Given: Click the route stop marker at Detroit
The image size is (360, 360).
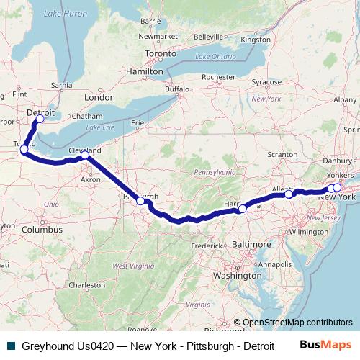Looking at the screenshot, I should pos(40,120).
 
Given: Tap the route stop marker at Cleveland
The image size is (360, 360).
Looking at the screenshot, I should pos(85,155).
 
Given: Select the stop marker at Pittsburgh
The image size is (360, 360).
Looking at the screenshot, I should pos(141,201).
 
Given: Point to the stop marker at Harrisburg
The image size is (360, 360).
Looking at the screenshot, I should pos(243,208).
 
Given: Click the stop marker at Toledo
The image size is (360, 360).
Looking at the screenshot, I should pos(24,149).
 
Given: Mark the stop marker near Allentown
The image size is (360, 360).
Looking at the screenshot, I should pos(289,194).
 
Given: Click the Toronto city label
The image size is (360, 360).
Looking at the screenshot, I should pos(160,53).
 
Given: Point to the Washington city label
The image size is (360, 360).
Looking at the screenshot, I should pos(237,275).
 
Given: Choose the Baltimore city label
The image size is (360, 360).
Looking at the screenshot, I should pos(251,245).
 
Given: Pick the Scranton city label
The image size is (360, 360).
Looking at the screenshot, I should pos(282,155).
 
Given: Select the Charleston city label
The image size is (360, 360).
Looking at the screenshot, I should pos(88,285).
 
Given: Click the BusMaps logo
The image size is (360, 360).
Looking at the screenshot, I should pos(324,345).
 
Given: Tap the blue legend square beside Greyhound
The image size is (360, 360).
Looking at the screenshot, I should pos(9,346).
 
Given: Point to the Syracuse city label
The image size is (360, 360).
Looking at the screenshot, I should pos(266,83).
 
